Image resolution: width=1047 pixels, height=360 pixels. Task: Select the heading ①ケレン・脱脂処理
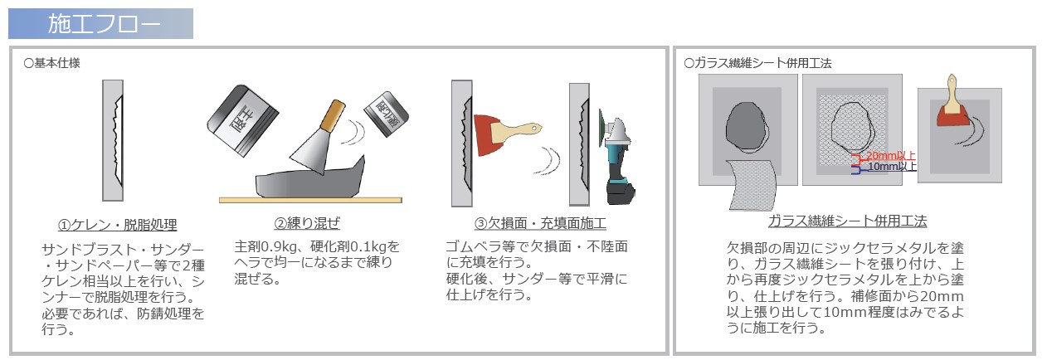[117, 225]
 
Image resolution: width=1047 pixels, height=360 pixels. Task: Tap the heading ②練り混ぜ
[306, 223]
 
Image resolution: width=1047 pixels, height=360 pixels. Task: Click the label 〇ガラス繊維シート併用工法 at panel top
[757, 62]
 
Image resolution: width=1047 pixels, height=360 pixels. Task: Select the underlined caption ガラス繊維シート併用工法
[847, 221]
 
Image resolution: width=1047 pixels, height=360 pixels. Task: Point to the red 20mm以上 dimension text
[891, 155]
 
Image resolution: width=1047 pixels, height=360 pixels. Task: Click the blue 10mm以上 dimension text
[892, 166]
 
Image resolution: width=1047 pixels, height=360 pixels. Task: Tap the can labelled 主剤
[240, 120]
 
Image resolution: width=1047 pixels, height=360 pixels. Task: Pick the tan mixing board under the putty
[310, 200]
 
